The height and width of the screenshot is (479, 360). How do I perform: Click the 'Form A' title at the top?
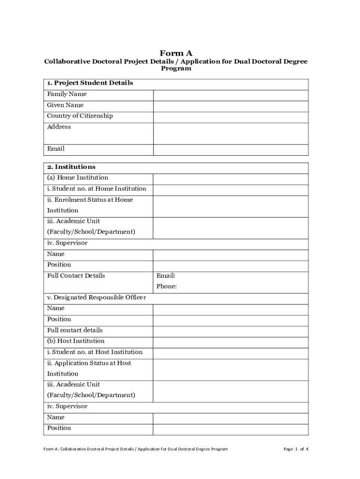pos(176,53)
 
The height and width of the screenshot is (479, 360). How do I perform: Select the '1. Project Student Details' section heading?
pos(90,83)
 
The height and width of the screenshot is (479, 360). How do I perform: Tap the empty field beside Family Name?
pos(230,94)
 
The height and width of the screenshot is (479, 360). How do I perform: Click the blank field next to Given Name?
pos(230,105)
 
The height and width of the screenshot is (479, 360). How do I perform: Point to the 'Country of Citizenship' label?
pos(80,116)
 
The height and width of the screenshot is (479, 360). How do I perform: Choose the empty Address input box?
pos(230,133)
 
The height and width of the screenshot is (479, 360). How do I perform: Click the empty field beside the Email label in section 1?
pos(230,149)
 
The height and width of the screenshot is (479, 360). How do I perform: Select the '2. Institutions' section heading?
pos(71,167)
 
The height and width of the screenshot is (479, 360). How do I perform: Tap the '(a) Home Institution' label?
pos(78,178)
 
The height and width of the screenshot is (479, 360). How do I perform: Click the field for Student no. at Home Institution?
pos(230,189)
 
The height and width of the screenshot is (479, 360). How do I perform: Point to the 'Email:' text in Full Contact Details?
pos(166,276)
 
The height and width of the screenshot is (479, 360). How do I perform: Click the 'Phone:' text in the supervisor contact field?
pos(166,286)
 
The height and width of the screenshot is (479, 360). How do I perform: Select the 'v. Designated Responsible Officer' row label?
pos(96,298)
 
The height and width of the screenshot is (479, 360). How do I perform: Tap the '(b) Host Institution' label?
pos(76,341)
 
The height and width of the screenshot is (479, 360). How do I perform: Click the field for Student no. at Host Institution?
pos(230,352)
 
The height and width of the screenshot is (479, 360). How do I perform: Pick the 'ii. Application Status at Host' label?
pos(89,363)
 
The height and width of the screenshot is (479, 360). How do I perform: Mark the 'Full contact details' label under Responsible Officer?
pos(75,330)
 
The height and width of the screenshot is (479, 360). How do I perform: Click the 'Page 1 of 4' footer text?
pos(296,449)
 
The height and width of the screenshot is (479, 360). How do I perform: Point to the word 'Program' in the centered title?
pos(176,68)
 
